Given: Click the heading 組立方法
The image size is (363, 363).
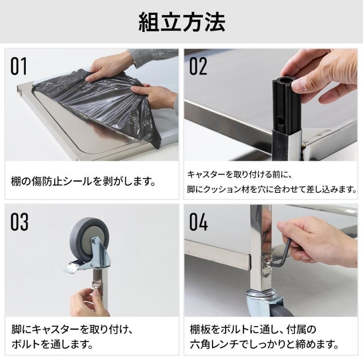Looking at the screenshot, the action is tap(182, 22).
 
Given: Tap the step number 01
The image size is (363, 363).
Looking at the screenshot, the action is tap(19, 66).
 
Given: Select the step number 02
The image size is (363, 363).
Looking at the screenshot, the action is tap(198, 66).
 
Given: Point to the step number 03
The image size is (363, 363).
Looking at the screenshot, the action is tap(19, 221).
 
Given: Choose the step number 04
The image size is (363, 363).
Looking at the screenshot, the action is tap(198, 221).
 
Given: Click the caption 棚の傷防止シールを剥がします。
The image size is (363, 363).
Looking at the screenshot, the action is tap(83, 181).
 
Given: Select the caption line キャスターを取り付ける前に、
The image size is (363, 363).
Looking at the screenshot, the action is tap(240, 174).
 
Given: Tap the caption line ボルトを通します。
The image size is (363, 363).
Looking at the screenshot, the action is tap(52, 344).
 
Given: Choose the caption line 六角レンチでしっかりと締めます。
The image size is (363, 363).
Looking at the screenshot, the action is tap(264, 344).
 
